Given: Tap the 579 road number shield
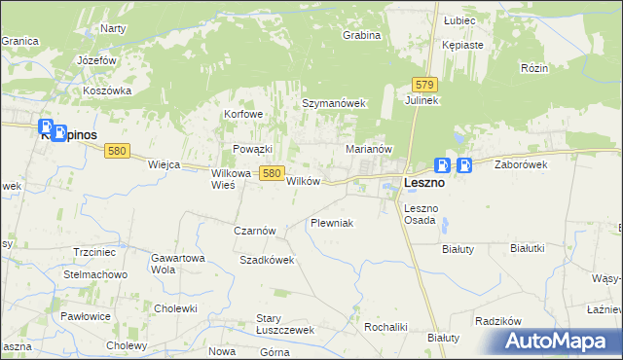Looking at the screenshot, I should tap(422, 86).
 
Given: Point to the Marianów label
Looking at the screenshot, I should tap(369, 150).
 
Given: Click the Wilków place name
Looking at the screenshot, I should tap(303, 182).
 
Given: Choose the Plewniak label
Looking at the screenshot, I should tap(331, 224).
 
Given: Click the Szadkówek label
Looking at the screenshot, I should tap(267, 261).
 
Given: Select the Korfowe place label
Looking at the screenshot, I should tap(244, 114).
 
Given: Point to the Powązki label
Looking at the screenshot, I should tap(252, 149).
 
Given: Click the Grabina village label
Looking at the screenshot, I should tap(360, 36).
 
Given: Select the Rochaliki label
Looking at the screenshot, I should tap(385, 327).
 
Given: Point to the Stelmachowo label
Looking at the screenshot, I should tap(94, 274).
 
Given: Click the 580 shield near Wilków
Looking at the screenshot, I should tap(272, 173).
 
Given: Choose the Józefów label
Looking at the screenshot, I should tap(97, 60).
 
